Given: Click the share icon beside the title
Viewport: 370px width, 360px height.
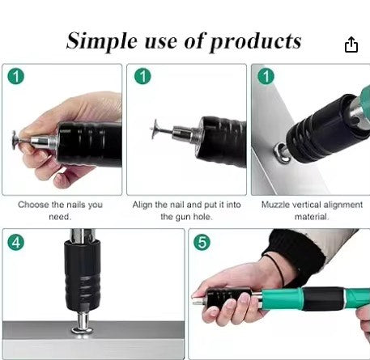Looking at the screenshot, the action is pos(351,44).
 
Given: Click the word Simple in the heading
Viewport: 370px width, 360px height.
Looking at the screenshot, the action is pos(102,41).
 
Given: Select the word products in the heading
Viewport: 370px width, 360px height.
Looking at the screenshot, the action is pos(256,43).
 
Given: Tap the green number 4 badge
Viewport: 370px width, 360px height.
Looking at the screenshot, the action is pos(16,242).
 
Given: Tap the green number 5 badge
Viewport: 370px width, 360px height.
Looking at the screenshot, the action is pos(202,242).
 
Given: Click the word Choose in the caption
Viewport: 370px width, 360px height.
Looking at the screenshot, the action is pos(33,205).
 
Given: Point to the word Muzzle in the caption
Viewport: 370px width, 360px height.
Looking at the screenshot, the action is pos(275,205).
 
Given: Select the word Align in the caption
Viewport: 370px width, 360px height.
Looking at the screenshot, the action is pos(142,205).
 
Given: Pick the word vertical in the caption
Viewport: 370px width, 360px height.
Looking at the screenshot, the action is pos(307,205).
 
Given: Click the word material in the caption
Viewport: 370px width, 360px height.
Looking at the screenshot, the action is pos(312,217).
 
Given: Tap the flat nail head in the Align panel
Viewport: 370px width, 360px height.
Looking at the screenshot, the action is pos(155,129).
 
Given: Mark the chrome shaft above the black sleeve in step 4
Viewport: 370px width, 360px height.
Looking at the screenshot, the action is pos(83,235).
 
